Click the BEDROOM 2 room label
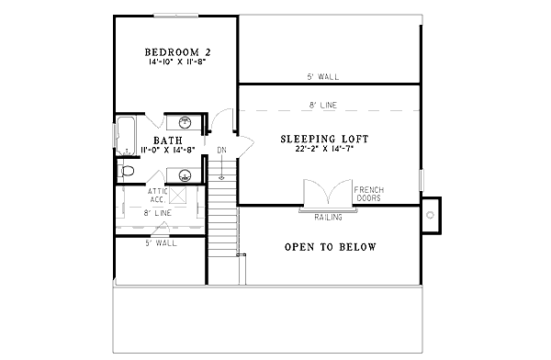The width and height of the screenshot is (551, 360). [x=173, y=51]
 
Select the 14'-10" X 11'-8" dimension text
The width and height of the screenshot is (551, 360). [x=173, y=64]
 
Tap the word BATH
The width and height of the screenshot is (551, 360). [x=167, y=141]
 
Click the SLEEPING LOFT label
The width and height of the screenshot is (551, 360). [x=324, y=139]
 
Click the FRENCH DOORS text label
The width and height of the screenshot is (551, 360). [x=369, y=194]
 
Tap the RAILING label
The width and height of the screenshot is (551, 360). [x=328, y=218]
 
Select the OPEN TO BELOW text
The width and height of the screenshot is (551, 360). [x=330, y=248]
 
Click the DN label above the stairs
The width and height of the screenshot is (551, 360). [x=221, y=151]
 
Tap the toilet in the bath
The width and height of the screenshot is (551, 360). [x=128, y=171]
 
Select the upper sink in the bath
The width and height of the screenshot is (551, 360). [x=185, y=121]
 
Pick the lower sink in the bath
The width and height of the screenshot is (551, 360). [x=185, y=174]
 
